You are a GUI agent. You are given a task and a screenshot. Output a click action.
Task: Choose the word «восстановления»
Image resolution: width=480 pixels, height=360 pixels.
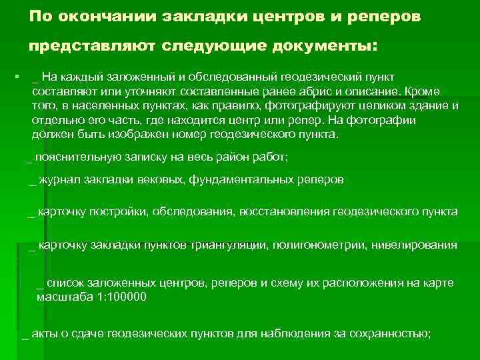tap(282, 212)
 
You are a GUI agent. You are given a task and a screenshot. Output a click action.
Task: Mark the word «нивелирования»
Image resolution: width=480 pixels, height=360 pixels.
tap(418, 245)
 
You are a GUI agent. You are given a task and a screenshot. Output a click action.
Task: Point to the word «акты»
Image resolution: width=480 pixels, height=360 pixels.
tap(45, 333)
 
